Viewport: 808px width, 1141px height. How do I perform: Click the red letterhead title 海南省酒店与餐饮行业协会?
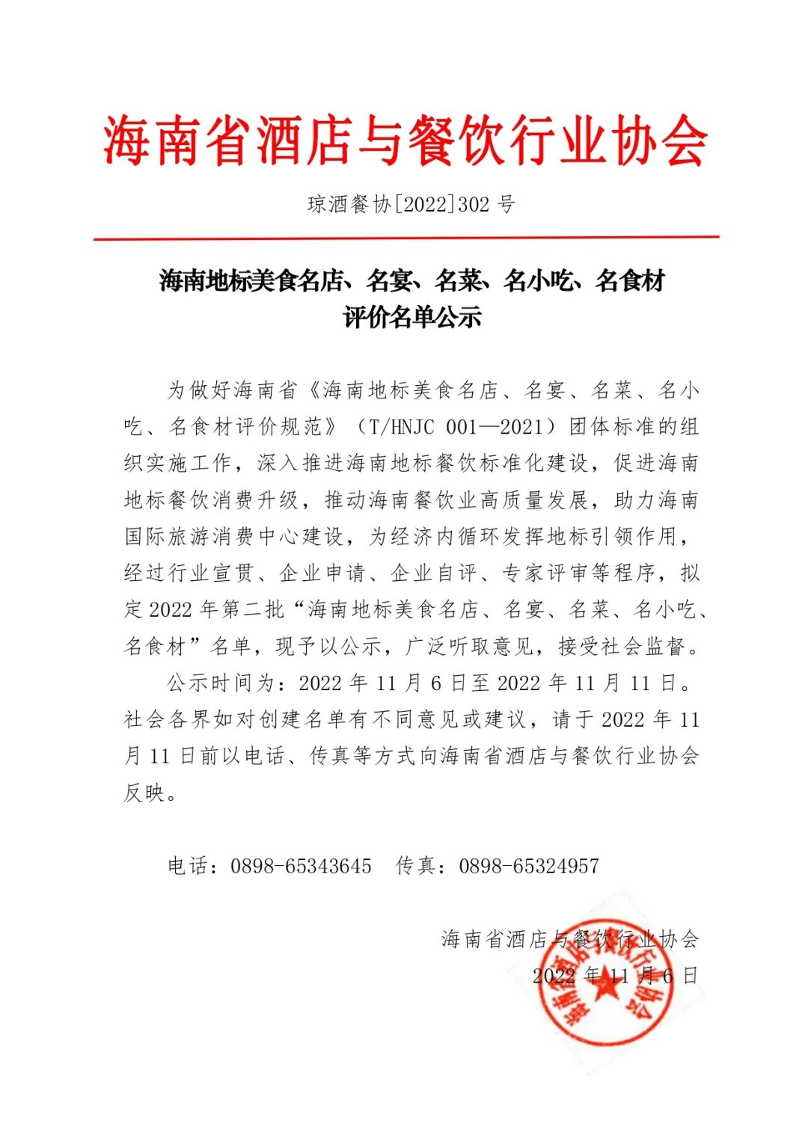pyautogui.click(x=405, y=140)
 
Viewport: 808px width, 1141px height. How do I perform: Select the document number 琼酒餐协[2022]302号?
pyautogui.click(x=411, y=204)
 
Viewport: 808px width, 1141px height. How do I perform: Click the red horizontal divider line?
pyautogui.click(x=406, y=238)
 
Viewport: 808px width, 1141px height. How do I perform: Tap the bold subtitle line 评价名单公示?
pyautogui.click(x=411, y=317)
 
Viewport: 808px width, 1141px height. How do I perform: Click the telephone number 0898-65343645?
pyautogui.click(x=301, y=866)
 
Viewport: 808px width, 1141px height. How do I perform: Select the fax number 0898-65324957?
pyautogui.click(x=529, y=866)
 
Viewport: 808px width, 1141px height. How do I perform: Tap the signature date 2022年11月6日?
pyautogui.click(x=615, y=975)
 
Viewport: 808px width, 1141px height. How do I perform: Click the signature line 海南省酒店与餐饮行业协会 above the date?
pyautogui.click(x=570, y=939)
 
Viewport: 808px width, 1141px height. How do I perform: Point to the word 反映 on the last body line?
pyautogui.click(x=144, y=792)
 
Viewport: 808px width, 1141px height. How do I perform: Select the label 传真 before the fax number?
pyautogui.click(x=416, y=866)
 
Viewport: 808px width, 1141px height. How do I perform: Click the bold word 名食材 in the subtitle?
pyautogui.click(x=630, y=281)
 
